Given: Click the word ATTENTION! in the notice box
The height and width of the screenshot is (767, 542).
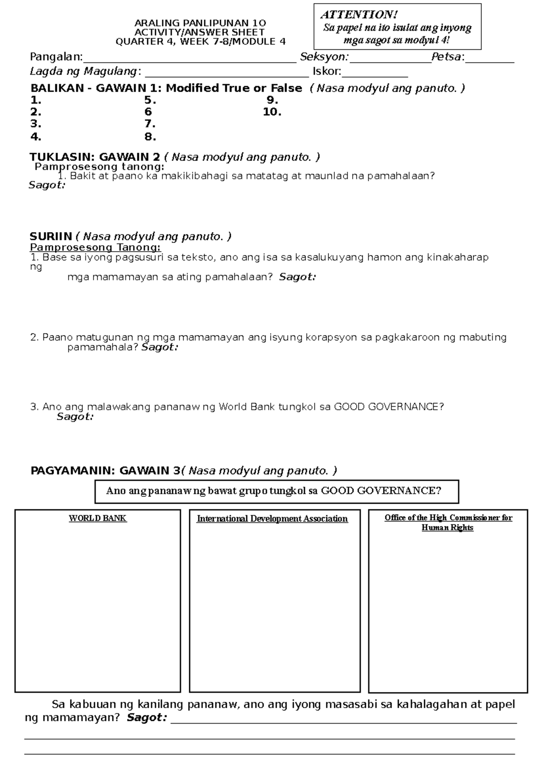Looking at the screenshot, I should [x=359, y=15].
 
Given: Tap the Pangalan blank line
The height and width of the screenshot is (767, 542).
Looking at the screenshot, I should [x=190, y=59].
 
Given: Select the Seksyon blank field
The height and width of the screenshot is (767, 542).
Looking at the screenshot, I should [x=390, y=59].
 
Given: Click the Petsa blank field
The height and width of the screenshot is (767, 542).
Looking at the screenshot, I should [x=490, y=59].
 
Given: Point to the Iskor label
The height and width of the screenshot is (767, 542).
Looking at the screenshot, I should [x=327, y=71].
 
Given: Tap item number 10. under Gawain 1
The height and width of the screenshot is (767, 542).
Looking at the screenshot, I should [x=272, y=112].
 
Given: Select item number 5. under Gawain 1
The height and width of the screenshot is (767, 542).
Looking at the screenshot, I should [x=150, y=100].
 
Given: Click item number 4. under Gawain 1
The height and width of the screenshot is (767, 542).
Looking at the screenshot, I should [x=36, y=136].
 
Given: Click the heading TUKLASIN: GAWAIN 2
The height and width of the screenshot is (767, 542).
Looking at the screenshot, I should [x=95, y=157].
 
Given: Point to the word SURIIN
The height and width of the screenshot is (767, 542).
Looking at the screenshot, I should [x=51, y=236].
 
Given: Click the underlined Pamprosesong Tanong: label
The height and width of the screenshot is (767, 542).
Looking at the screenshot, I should [x=95, y=247].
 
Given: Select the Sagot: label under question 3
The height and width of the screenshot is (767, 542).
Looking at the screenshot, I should [x=75, y=416].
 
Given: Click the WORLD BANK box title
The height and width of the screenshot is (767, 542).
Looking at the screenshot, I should [x=98, y=518].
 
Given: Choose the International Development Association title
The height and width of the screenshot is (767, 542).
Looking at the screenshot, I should [x=272, y=519].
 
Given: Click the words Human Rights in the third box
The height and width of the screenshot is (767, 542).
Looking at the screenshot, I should [x=447, y=528].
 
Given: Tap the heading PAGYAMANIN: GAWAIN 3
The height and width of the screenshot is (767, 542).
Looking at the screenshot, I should [x=105, y=471].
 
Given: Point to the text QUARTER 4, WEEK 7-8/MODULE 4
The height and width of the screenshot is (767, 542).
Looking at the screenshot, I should [x=201, y=42].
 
